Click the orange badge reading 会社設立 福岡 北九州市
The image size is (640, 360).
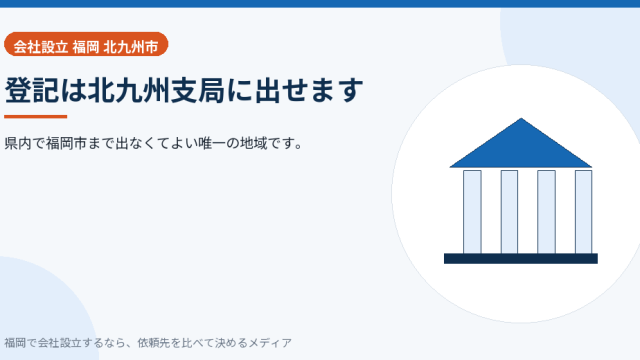point(86,44)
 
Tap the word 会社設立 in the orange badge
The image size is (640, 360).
point(40,47)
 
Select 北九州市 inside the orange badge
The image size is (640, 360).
point(131,47)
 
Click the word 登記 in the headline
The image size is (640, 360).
point(32,90)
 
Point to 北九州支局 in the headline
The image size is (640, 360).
point(156,90)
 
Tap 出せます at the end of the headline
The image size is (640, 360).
point(309,90)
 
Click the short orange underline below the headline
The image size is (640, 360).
point(36,117)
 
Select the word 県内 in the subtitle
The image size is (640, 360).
point(18,144)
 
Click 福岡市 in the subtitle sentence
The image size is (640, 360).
point(66,144)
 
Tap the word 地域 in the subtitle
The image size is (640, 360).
point(253,144)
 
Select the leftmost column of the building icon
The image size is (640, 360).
point(472,212)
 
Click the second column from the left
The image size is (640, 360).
point(509,212)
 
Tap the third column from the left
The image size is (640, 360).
point(547,212)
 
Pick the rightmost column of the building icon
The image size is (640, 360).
point(584,212)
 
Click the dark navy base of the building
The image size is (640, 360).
point(521,259)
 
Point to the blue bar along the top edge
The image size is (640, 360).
point(320,4)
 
